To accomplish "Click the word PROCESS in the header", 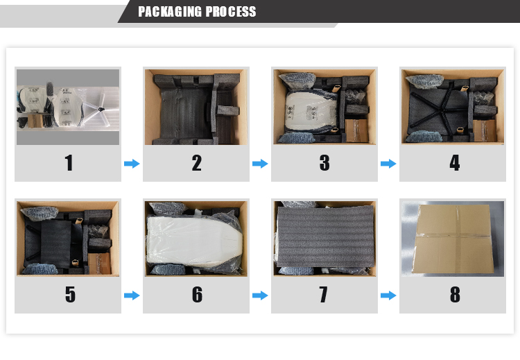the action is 231,12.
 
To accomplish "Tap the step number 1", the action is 69,163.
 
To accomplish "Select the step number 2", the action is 196,163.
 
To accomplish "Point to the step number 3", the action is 324,163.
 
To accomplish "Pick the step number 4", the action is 455,163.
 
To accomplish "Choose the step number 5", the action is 70,294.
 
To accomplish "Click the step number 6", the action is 197,294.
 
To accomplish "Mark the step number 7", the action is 323,294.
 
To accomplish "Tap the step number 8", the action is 455,294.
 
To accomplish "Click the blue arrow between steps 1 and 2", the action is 132,164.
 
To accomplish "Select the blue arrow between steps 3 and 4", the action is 388,164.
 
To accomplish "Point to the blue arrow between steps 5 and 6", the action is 132,295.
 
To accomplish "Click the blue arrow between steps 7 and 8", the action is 388,295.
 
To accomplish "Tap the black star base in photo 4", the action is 438,105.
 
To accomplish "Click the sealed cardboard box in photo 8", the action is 453,239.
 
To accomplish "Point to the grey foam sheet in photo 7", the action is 325,237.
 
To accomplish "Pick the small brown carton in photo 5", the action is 99,264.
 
